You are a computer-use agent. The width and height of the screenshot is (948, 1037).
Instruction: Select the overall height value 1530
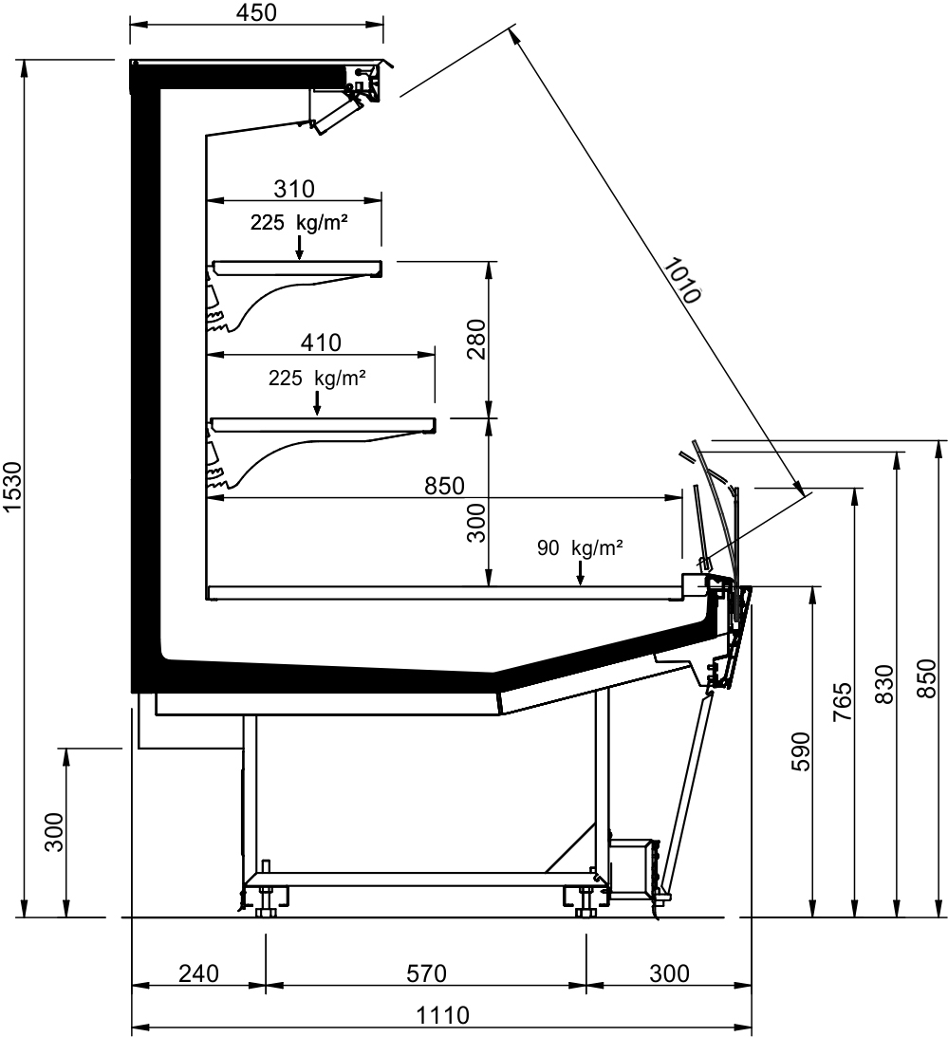coord(13,488)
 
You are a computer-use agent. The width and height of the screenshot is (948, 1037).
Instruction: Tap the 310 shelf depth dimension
coord(294,189)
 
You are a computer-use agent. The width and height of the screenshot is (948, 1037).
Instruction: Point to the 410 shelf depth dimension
coord(321,343)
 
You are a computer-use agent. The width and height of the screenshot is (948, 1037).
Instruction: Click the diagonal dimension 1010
coord(681,281)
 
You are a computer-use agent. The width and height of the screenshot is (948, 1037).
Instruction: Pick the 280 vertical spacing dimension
coord(476,340)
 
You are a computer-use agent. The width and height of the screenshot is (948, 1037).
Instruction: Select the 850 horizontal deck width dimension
coord(444,486)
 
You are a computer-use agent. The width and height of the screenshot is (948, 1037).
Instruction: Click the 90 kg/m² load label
coord(580,548)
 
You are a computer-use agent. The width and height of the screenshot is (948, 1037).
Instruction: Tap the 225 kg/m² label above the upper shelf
coord(299,223)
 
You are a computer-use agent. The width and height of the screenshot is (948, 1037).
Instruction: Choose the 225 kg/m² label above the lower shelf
coord(318,379)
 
